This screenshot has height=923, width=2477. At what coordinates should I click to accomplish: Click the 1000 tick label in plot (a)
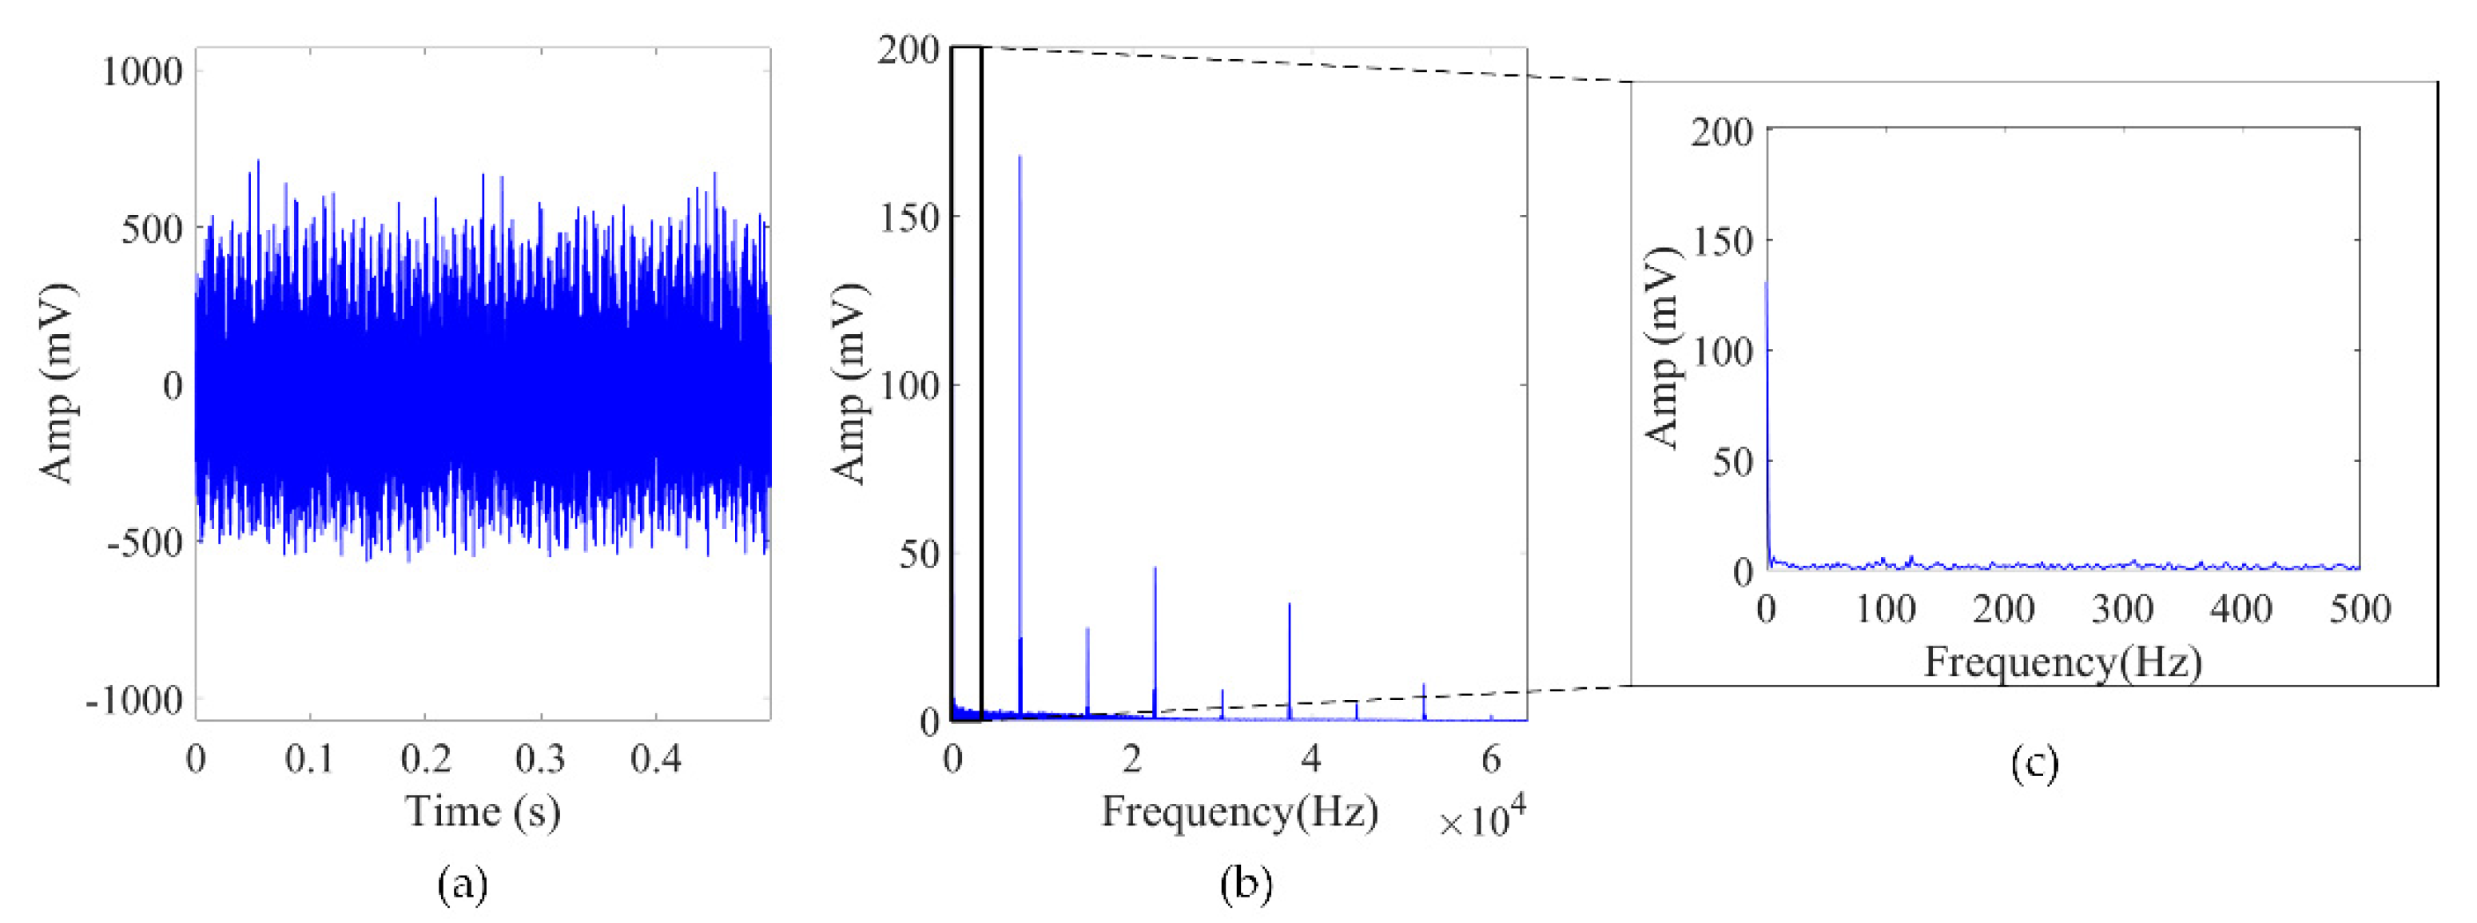(x=141, y=71)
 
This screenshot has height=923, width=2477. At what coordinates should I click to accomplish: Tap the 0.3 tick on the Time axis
(x=539, y=758)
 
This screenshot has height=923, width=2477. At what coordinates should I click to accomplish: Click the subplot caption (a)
(x=463, y=882)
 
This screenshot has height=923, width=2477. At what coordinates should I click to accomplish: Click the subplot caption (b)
(x=1246, y=882)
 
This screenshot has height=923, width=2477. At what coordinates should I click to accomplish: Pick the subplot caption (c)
(x=2034, y=764)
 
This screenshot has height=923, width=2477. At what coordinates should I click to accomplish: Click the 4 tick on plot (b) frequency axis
(x=1310, y=758)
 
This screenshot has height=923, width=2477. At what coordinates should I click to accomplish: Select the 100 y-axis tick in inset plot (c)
(x=1721, y=351)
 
